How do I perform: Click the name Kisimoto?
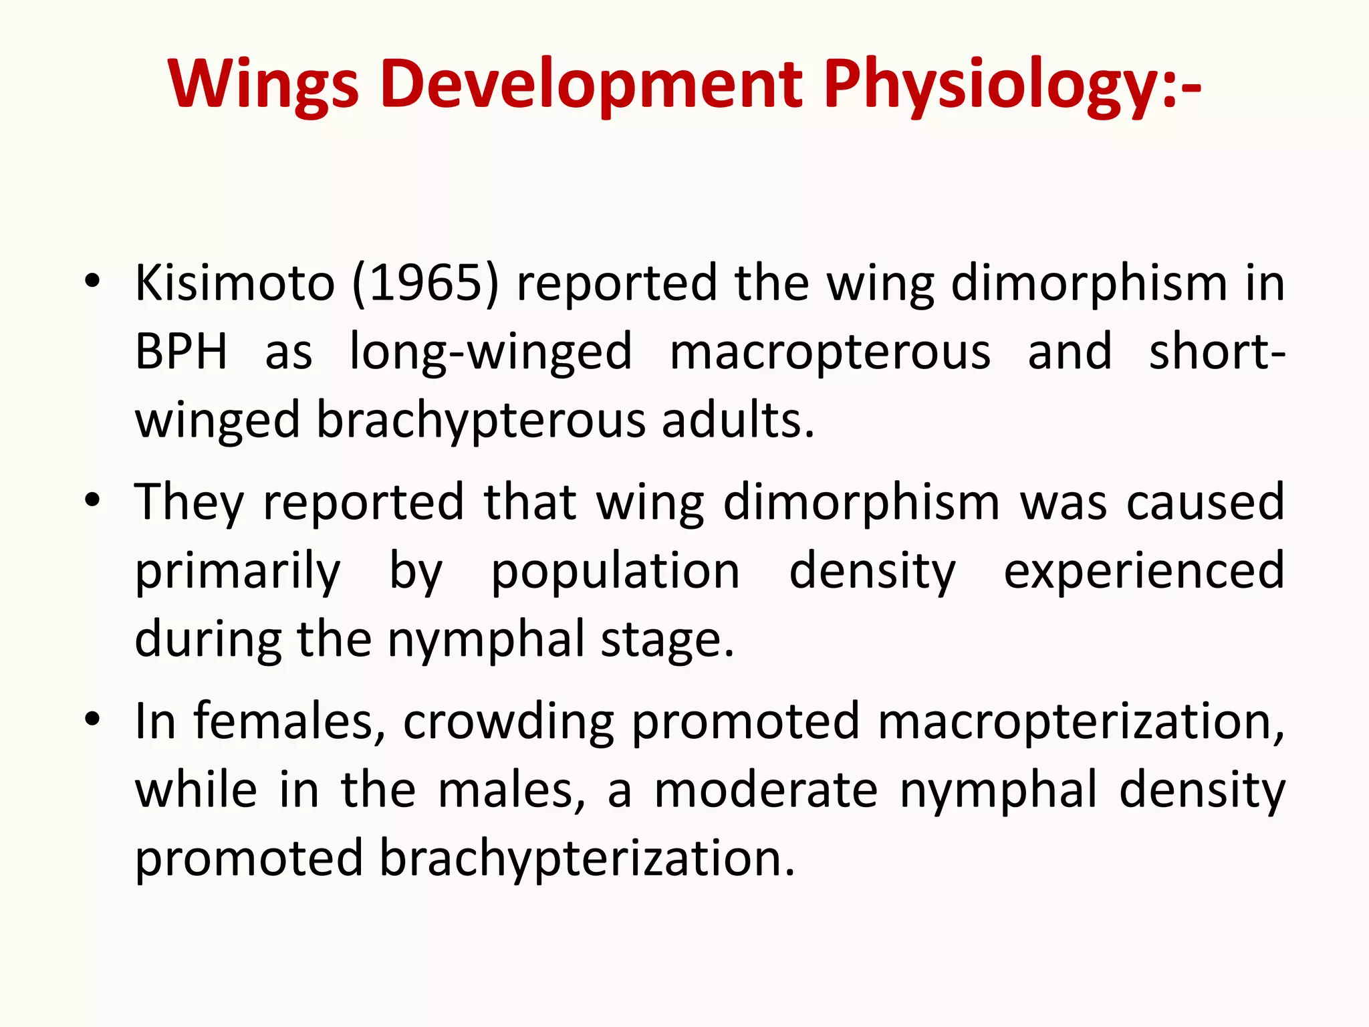[x=235, y=283]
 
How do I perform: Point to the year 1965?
[x=425, y=283]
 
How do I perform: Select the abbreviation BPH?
[x=181, y=352]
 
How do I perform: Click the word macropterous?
[x=830, y=352]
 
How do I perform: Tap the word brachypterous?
[x=481, y=421]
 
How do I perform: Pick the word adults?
[x=738, y=421]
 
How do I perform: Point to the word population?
[x=615, y=571]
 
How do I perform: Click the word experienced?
[x=1144, y=571]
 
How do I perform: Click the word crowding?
[x=508, y=722]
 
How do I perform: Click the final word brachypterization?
[x=588, y=859]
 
